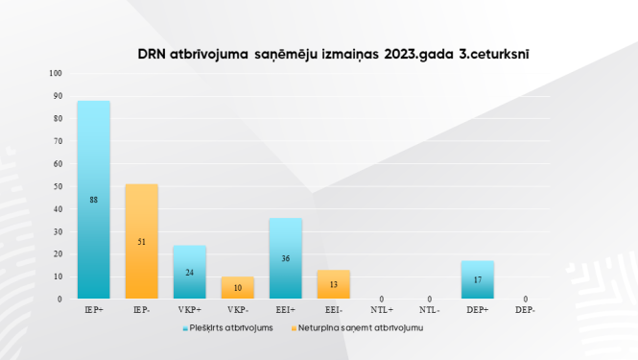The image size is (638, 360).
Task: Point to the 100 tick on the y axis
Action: pos(56,73)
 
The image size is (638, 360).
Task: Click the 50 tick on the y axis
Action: pos(58,186)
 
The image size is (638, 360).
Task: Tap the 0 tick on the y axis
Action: pos(59,299)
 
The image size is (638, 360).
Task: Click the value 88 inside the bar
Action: pos(94,200)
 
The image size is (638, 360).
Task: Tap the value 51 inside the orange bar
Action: pos(142,242)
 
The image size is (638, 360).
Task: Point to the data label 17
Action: pos(478,280)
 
